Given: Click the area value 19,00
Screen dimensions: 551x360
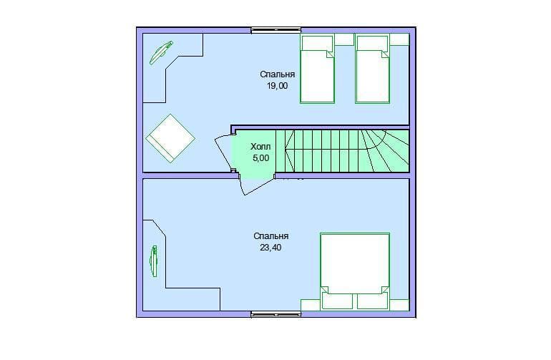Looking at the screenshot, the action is tap(277, 86).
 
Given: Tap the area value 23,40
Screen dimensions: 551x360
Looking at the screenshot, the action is tap(270, 248).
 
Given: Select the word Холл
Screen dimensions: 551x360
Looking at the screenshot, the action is tap(260, 146).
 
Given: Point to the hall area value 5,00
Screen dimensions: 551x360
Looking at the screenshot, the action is tap(260, 158).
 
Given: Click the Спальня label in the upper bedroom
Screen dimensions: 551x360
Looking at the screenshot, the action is tap(277, 74).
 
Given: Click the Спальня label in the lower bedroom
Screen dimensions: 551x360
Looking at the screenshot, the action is tap(271, 236).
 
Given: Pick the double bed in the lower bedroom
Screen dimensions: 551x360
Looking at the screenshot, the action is tap(354, 271).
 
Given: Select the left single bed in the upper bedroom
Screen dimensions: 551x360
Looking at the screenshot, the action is tap(317, 69).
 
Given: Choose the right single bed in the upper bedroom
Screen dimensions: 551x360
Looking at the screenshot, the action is tap(372, 69).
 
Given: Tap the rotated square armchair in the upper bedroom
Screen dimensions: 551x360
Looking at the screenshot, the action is tap(170, 139).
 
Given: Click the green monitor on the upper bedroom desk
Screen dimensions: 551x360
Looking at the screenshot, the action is tap(161, 53).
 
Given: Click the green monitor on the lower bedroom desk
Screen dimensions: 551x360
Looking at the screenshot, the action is tap(154, 261).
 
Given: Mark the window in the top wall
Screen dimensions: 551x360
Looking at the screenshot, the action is tap(275, 30).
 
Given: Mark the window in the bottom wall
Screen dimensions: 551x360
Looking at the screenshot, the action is tap(275, 314).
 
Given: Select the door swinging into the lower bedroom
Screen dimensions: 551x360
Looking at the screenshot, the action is tap(256, 184).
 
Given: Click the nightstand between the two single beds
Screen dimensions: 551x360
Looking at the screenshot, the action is tap(344, 39).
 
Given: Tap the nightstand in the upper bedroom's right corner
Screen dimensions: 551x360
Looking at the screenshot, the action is tap(399, 39).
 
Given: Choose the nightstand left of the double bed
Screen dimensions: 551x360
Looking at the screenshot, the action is tap(311, 305).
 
